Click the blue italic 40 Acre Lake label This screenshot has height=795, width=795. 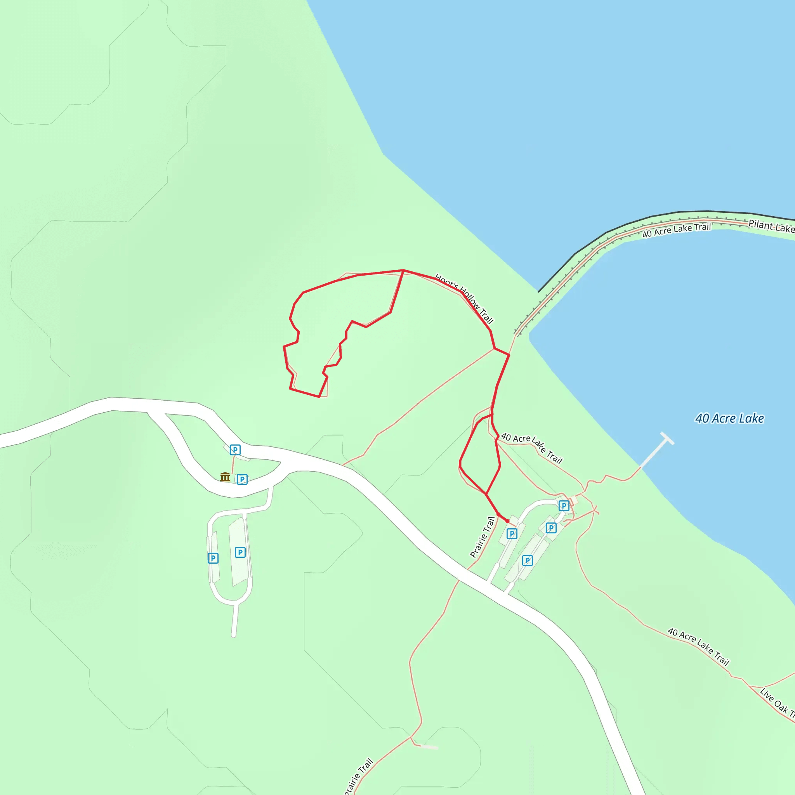click(x=729, y=418)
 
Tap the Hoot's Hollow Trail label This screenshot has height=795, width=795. click(x=464, y=299)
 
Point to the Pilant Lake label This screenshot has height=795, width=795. click(x=771, y=226)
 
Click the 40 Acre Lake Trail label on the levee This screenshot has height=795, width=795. click(x=677, y=230)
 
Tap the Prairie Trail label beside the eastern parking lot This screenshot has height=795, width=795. click(x=483, y=537)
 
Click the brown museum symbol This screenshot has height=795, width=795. click(x=225, y=477)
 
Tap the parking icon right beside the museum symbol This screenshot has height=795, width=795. click(x=242, y=479)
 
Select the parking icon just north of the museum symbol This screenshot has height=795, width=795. click(x=235, y=450)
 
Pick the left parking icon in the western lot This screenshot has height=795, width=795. click(x=213, y=558)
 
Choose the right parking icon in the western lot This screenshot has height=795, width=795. click(x=240, y=552)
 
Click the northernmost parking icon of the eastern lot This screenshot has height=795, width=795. click(x=564, y=506)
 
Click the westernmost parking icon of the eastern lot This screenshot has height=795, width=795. click(x=512, y=534)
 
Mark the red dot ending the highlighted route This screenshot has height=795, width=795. click(x=507, y=521)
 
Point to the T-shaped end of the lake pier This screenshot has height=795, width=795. click(x=667, y=438)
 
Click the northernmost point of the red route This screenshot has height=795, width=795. click(x=403, y=270)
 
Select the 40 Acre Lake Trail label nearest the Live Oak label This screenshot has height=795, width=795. click(x=698, y=646)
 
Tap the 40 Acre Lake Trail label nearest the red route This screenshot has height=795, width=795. click(x=532, y=448)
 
